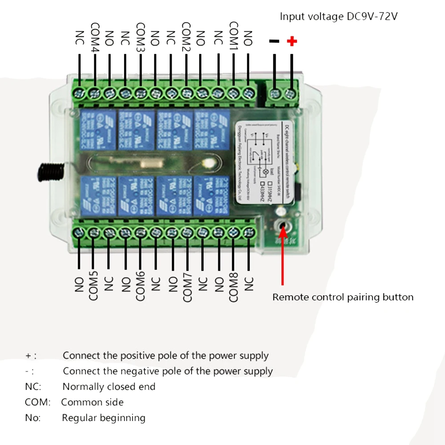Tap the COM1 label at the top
234,37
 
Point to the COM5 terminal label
93,285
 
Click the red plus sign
292,42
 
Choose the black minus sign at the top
274,41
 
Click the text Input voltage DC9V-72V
338,17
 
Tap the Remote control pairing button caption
343,297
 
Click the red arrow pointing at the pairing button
282,258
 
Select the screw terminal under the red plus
291,94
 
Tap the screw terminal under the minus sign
275,94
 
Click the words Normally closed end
109,387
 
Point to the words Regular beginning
104,418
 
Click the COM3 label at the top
141,37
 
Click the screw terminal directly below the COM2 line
186,94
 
